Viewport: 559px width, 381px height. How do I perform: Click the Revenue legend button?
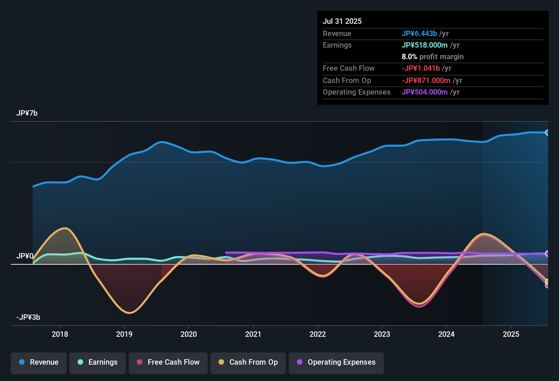[x=39, y=362]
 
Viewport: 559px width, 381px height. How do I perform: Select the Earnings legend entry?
[x=97, y=362]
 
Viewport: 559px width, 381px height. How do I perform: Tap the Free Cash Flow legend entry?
[x=168, y=362]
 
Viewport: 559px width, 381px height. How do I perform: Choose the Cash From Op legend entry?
[x=248, y=362]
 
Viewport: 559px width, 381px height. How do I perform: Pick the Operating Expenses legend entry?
[x=336, y=362]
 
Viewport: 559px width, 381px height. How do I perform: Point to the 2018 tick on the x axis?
[x=60, y=334]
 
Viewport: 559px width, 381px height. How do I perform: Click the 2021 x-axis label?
[x=253, y=334]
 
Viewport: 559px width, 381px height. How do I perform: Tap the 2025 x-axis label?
[x=511, y=334]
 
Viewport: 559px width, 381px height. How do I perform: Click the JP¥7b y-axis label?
[x=27, y=113]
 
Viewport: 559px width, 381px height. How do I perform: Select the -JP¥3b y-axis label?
[x=28, y=317]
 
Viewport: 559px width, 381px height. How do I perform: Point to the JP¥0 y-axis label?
[x=25, y=256]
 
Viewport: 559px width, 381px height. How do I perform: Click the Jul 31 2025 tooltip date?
[x=342, y=21]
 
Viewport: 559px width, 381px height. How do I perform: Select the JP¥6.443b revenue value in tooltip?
[x=419, y=33]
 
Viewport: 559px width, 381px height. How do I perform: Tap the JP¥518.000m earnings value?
[x=425, y=45]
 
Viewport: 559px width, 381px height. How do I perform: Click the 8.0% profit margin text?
[x=432, y=57]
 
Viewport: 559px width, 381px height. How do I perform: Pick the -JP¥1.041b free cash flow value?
[x=420, y=68]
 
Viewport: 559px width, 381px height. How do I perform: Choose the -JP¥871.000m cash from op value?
[x=426, y=80]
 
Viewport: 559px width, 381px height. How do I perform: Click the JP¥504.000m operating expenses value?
[x=425, y=92]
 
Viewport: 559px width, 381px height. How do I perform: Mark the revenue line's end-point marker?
[x=547, y=133]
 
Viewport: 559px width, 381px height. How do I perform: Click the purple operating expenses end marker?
[x=547, y=253]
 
